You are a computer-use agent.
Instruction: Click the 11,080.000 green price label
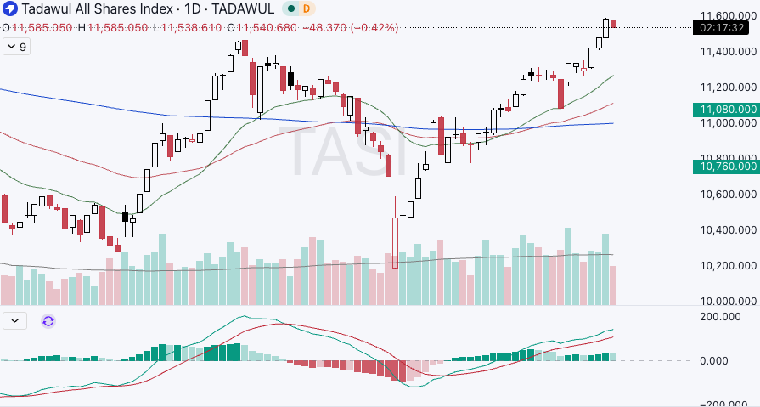(x=726, y=110)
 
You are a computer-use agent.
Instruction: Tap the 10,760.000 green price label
(x=726, y=167)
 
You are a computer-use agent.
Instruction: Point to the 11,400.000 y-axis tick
(x=728, y=52)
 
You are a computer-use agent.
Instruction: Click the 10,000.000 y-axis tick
(x=728, y=302)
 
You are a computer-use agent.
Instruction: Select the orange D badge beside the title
(x=306, y=8)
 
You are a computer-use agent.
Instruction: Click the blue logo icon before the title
(x=8, y=8)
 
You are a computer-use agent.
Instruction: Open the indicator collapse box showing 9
(x=16, y=48)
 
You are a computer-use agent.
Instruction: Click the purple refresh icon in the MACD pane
(x=48, y=320)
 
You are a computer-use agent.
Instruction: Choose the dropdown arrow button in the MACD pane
(x=16, y=320)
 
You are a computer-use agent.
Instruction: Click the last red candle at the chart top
(x=614, y=23)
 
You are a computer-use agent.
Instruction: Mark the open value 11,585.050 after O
(x=42, y=27)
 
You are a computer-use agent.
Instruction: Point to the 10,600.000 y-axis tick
(x=728, y=195)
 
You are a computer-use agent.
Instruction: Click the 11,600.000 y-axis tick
(x=728, y=15)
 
